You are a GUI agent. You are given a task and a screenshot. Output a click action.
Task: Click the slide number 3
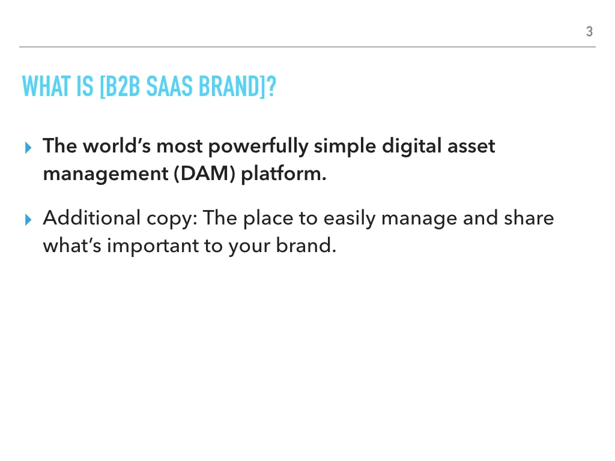[589, 32]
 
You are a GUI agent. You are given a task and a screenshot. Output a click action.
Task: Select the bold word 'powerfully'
[258, 146]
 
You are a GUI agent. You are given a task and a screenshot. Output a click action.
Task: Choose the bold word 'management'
[106, 174]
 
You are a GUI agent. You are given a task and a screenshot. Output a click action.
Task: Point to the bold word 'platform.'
[283, 174]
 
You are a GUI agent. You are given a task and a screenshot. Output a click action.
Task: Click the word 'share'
[529, 218]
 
